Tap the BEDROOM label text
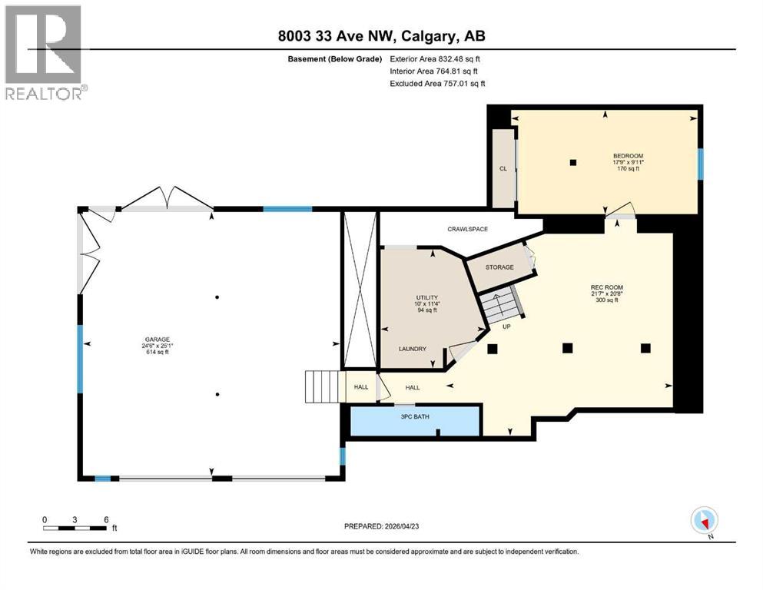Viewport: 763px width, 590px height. (628, 156)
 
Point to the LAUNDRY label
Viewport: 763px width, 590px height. (412, 349)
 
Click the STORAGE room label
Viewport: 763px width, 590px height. (499, 267)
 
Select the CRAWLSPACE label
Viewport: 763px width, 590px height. (468, 229)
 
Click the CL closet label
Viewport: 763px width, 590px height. (503, 169)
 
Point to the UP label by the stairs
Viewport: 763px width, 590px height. (506, 326)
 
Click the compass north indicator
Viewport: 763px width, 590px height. (705, 521)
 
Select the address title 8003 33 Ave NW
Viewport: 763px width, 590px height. (382, 36)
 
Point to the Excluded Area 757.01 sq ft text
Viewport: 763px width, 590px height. (437, 83)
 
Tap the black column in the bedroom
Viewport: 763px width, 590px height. (572, 162)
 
